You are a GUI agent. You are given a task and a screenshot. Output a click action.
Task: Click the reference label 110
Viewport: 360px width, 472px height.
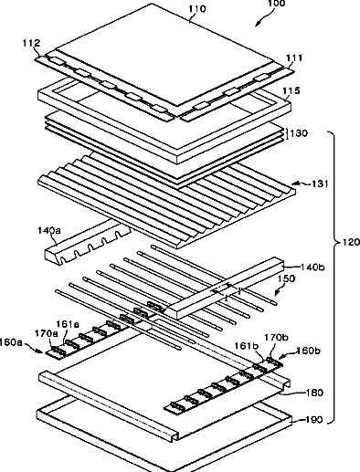[197, 9]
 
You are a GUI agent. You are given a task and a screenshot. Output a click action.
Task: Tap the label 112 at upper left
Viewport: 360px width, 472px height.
[31, 43]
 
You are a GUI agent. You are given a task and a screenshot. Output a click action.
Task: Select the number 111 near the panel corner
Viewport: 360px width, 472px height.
[294, 58]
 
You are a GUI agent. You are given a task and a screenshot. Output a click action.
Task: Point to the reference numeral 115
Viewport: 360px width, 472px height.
[291, 90]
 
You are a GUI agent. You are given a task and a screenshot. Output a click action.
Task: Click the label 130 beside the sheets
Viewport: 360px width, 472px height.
[299, 133]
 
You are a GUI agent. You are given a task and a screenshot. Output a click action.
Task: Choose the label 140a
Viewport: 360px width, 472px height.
[49, 230]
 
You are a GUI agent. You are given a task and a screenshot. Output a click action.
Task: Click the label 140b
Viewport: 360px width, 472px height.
[312, 267]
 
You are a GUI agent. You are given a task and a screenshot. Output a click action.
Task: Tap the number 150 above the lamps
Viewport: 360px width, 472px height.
[286, 278]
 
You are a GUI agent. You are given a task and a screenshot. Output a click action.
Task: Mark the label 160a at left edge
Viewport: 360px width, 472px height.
[11, 342]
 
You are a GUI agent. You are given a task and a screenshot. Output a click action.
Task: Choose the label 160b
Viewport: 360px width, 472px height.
[309, 351]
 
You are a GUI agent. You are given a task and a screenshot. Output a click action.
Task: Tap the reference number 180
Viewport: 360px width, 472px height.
[315, 393]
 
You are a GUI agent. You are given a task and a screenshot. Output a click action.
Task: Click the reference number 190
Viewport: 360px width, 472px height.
[314, 420]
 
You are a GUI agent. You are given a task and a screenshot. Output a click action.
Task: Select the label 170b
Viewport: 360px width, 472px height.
[276, 337]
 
